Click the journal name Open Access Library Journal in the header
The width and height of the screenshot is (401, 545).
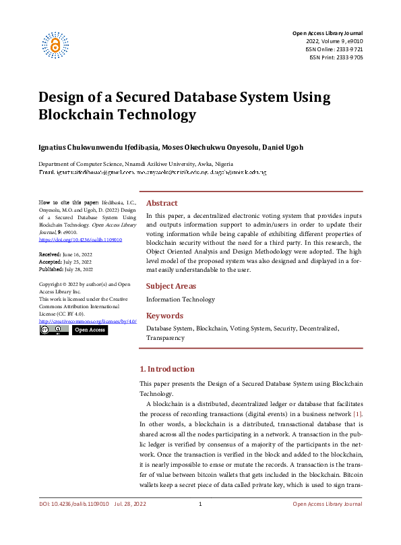pos(327,33)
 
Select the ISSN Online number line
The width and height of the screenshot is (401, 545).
pos(334,49)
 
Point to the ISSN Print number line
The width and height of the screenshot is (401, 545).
pos(336,57)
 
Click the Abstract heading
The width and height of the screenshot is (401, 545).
pos(162,202)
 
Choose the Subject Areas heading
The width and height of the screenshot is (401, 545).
pos(171,286)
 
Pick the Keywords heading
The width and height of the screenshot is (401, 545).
pos(164,315)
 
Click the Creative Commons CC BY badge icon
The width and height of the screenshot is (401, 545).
pos(49,330)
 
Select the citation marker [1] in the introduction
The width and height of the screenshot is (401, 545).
pos(358,413)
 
